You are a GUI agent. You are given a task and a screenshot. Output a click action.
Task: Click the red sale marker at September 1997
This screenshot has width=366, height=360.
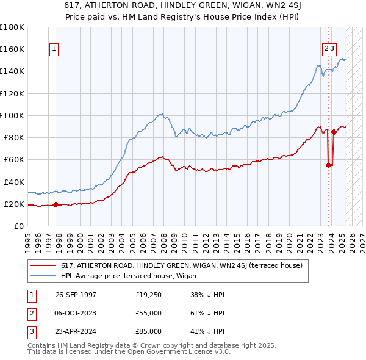[56, 204]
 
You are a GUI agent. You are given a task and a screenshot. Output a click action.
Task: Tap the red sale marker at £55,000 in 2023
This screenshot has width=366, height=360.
[328, 164]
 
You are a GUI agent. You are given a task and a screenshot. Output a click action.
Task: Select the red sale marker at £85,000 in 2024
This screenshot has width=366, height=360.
[334, 131]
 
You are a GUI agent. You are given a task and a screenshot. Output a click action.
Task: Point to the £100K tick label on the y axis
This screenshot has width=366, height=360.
[12, 115]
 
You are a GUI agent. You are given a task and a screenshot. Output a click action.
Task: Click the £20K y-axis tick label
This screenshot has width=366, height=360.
[14, 204]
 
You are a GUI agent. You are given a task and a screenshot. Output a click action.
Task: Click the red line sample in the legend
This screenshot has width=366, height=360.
[43, 265]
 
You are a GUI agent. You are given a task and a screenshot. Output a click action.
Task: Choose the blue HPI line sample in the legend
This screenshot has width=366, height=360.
[43, 276]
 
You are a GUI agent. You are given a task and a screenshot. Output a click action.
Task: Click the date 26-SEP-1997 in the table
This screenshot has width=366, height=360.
[76, 295]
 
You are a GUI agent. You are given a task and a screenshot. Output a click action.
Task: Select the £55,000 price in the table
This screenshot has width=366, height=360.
[148, 313]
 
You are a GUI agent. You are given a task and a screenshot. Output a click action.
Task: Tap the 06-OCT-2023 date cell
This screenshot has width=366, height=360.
[76, 313]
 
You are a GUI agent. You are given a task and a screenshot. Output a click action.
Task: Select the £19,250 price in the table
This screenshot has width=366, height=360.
[148, 295]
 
